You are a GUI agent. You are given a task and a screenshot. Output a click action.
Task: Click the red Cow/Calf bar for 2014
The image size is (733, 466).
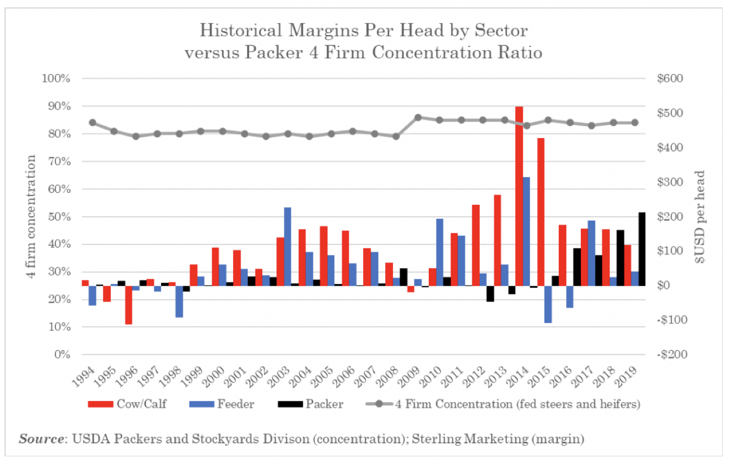[x=519, y=195]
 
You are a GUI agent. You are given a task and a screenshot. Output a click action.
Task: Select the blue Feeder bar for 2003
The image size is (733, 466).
[x=287, y=246]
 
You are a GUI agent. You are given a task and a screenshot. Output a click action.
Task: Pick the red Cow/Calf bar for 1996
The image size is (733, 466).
[x=128, y=305]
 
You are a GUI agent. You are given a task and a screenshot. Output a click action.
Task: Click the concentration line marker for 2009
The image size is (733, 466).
[x=418, y=118]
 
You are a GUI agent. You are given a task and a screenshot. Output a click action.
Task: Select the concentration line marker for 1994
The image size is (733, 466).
[x=93, y=123]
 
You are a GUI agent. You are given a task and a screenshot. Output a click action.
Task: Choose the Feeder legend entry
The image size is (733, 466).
[x=225, y=404]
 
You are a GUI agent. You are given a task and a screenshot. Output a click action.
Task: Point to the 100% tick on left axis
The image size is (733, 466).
[x=56, y=79]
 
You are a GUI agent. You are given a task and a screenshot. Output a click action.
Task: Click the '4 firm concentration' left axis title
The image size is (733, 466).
[x=33, y=216]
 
